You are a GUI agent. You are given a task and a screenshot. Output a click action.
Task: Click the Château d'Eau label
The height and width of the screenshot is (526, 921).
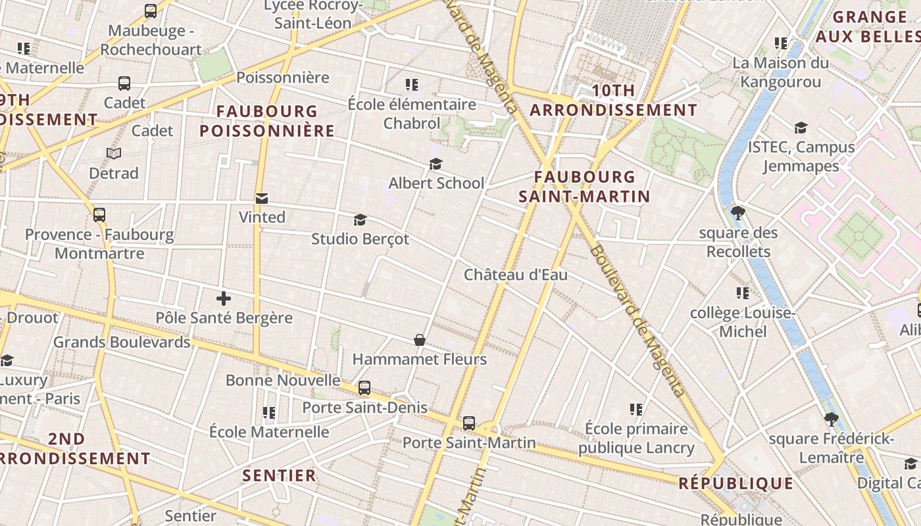click(x=515, y=275)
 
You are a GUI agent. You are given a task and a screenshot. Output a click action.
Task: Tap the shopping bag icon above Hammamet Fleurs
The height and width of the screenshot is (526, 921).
click(x=420, y=340)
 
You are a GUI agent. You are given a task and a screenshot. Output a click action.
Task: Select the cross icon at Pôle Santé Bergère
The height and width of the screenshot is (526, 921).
click(x=224, y=299)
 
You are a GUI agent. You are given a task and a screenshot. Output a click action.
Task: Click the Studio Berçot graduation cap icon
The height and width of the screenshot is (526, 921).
click(x=360, y=220)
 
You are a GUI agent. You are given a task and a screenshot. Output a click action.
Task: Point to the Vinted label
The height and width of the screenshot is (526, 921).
click(x=262, y=217)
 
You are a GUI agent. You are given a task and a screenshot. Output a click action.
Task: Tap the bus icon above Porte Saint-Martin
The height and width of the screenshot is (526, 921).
click(x=469, y=423)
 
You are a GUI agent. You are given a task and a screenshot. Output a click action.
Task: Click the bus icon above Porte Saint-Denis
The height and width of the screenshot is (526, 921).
click(x=364, y=388)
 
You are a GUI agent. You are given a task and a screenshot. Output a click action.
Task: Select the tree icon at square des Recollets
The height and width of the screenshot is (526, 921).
click(x=738, y=213)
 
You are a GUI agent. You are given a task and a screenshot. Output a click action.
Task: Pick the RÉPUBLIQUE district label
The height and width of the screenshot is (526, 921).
click(x=735, y=484)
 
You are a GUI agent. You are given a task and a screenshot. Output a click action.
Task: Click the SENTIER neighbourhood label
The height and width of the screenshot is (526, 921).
click(x=280, y=475)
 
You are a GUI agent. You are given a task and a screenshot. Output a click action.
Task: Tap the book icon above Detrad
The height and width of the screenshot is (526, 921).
click(x=114, y=153)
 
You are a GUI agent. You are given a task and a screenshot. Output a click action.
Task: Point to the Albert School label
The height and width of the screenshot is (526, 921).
click(x=436, y=183)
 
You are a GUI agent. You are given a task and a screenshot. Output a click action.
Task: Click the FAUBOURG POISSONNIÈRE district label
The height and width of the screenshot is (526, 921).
click(x=267, y=121)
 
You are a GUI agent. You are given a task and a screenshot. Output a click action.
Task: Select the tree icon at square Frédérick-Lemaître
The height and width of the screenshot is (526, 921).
click(x=832, y=419)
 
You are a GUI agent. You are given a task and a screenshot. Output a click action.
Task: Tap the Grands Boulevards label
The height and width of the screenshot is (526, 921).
click(x=122, y=342)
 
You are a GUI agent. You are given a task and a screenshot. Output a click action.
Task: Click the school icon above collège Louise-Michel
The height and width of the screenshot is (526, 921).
click(x=743, y=293)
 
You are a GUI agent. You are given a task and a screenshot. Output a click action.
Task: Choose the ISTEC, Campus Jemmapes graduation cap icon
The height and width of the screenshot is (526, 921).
click(x=801, y=128)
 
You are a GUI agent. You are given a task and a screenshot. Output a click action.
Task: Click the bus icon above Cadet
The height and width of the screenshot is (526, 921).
click(x=124, y=84)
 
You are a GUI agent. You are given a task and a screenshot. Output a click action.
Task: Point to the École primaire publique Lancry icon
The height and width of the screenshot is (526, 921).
click(x=636, y=410)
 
